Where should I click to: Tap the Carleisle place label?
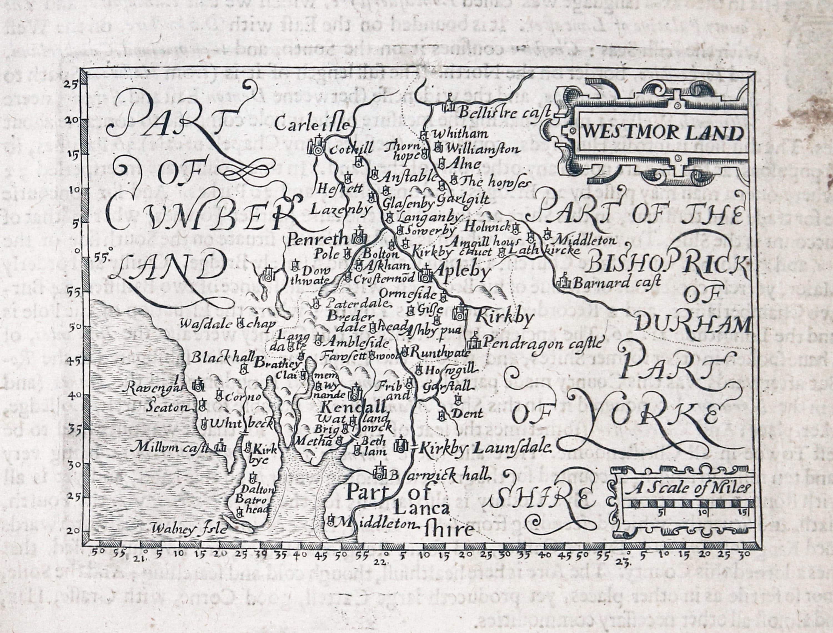[312, 124]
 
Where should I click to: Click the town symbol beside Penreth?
[358, 238]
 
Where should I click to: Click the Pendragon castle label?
[541, 343]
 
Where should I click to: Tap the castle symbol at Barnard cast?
[564, 281]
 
